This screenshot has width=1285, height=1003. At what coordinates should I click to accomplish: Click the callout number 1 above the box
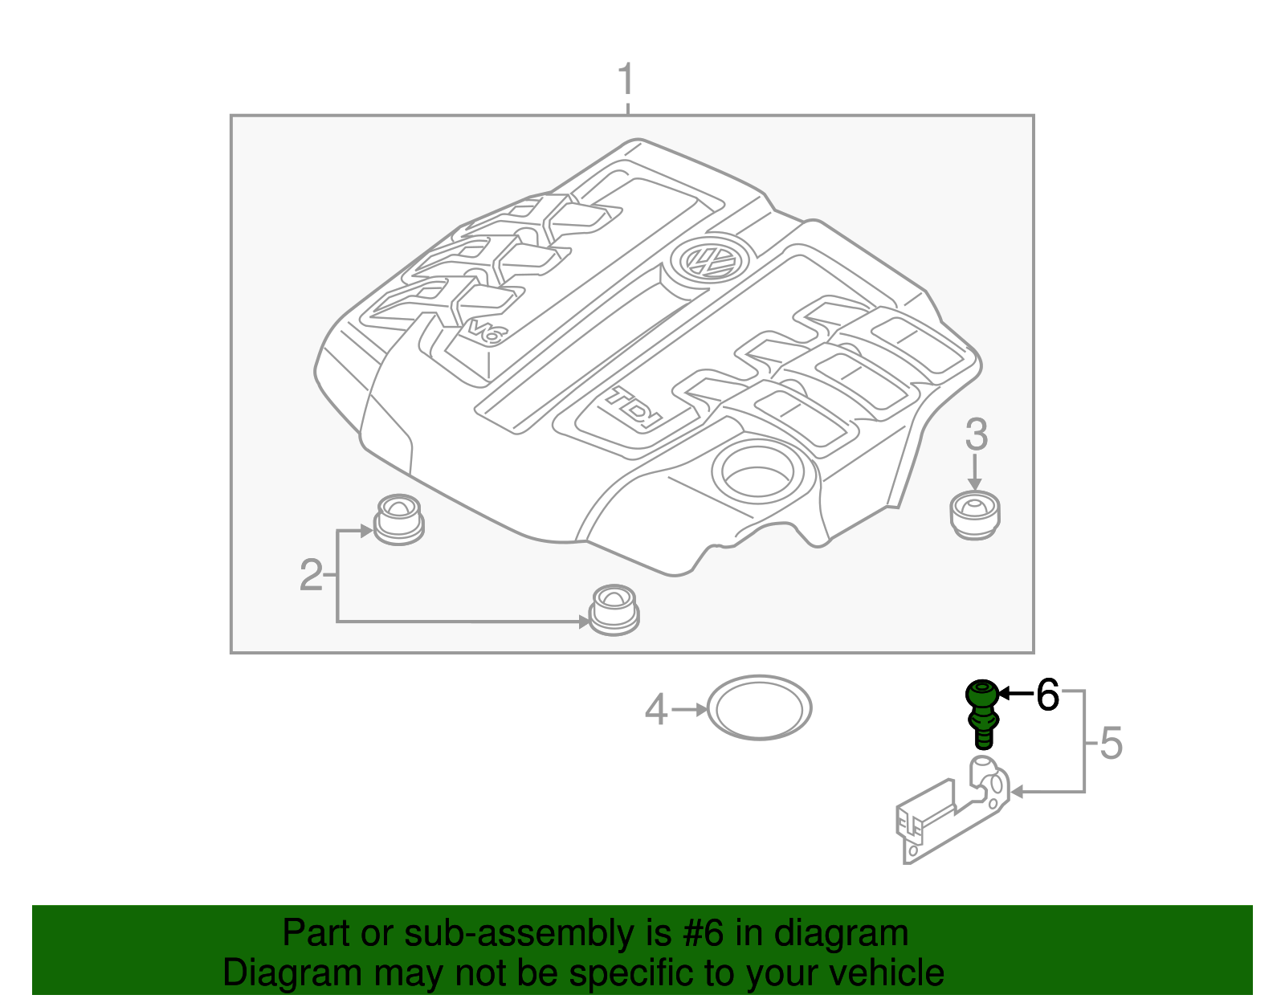tap(626, 81)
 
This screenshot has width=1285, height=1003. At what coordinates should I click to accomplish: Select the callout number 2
tap(311, 575)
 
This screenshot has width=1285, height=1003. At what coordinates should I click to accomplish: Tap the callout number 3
tap(976, 434)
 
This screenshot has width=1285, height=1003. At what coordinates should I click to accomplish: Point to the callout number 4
tap(656, 710)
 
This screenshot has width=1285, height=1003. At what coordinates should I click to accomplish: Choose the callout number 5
tap(1111, 743)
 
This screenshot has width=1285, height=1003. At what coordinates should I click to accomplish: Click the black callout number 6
tap(1047, 695)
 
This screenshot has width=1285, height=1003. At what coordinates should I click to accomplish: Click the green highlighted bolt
tap(982, 711)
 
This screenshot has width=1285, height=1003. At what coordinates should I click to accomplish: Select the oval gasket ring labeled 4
tap(759, 707)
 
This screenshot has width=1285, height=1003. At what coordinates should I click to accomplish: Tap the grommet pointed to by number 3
tap(975, 515)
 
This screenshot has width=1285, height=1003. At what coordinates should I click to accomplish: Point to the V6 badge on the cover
tap(484, 332)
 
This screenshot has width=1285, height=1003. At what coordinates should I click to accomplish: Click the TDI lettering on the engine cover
tap(633, 408)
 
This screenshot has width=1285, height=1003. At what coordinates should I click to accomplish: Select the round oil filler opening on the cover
tap(757, 471)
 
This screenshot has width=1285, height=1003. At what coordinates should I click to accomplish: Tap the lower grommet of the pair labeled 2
tap(614, 610)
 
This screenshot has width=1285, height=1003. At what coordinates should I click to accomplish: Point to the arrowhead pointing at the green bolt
tap(1003, 693)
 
